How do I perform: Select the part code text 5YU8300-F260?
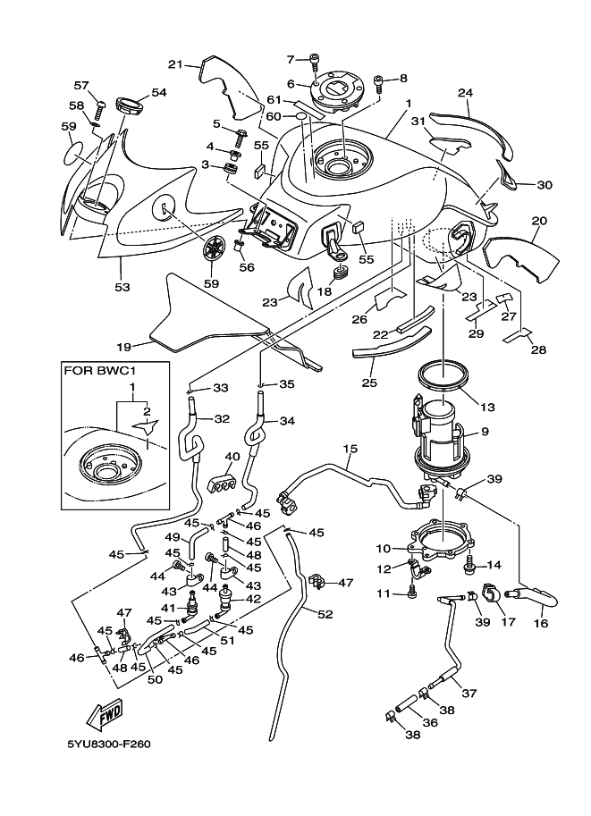click(x=107, y=768)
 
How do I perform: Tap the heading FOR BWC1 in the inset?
click(x=104, y=370)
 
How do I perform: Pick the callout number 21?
click(x=175, y=63)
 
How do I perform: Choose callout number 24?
click(x=464, y=92)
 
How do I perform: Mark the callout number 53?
click(x=122, y=287)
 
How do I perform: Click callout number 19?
click(x=124, y=346)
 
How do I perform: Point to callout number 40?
click(x=232, y=457)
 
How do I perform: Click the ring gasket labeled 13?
click(x=443, y=377)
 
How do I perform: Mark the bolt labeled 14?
click(x=469, y=564)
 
